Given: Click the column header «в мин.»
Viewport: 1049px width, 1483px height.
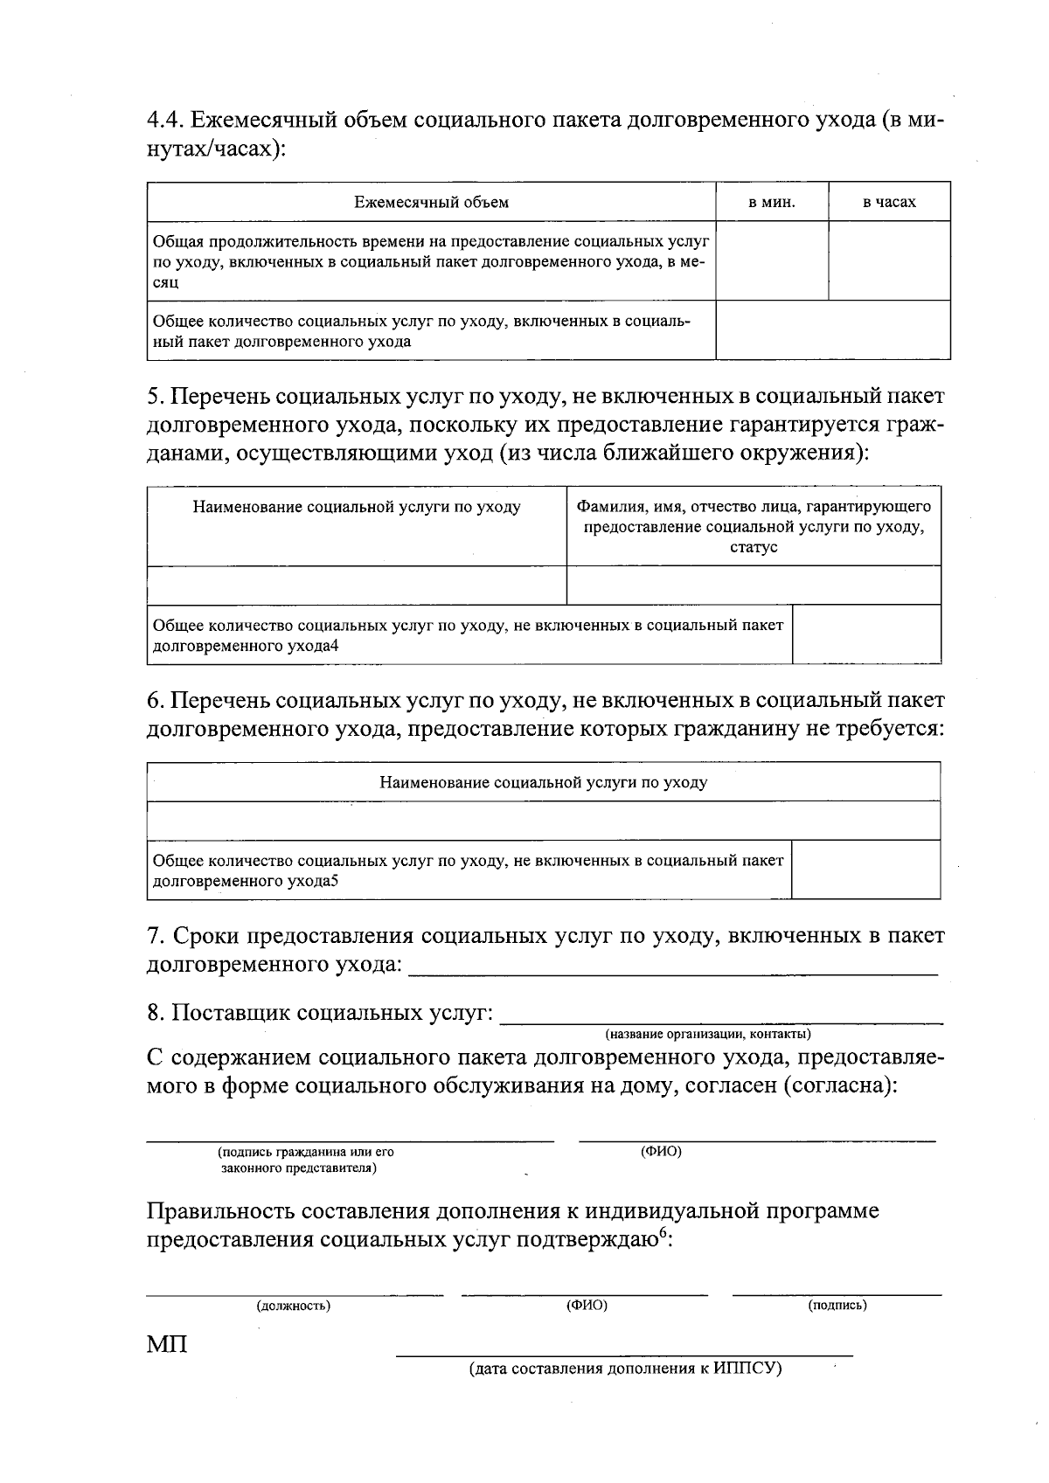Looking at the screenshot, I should pos(772,203).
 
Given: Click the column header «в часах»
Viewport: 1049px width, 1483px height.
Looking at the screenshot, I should pos(889,203).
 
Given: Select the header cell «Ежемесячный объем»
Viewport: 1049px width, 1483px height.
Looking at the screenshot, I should pos(431,203).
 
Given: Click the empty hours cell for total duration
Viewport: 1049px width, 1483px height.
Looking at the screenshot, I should pos(889,260).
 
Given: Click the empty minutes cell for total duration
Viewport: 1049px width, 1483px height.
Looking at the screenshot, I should pos(772,260).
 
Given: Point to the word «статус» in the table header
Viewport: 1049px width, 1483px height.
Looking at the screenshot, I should pos(753,548).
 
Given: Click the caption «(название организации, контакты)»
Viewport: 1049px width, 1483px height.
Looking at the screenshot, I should pos(708,1035).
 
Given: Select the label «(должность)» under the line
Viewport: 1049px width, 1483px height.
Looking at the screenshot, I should pos(293,1306).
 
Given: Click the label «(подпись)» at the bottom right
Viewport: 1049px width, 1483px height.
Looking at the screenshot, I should pos(837,1306).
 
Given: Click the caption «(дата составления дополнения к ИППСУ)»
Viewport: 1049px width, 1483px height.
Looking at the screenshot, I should pos(624,1369).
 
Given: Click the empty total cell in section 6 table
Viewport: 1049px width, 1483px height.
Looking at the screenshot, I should pos(865,870).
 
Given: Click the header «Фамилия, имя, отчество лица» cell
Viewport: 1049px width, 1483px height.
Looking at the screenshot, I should pos(753,508).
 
